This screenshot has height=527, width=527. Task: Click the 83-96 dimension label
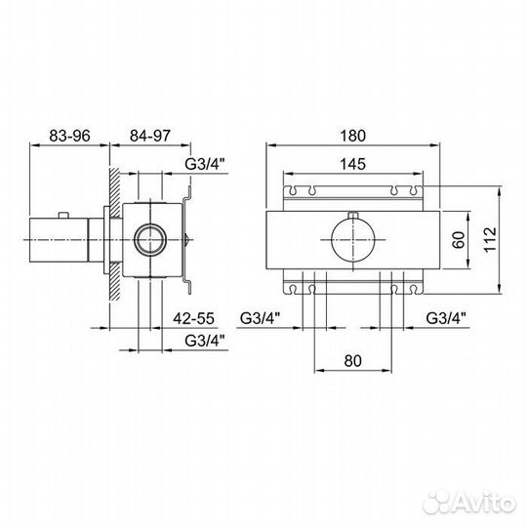click(70, 136)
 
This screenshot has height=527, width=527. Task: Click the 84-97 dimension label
click(150, 136)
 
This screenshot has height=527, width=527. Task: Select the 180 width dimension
click(352, 136)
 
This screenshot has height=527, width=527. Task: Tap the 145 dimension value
click(352, 164)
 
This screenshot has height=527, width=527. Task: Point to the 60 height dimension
click(459, 240)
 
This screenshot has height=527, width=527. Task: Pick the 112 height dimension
click(490, 239)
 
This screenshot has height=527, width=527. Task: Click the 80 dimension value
click(353, 361)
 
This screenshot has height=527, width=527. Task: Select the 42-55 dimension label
click(193, 318)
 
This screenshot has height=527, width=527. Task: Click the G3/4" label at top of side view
click(205, 164)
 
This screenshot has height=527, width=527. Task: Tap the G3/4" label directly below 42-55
click(205, 341)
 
